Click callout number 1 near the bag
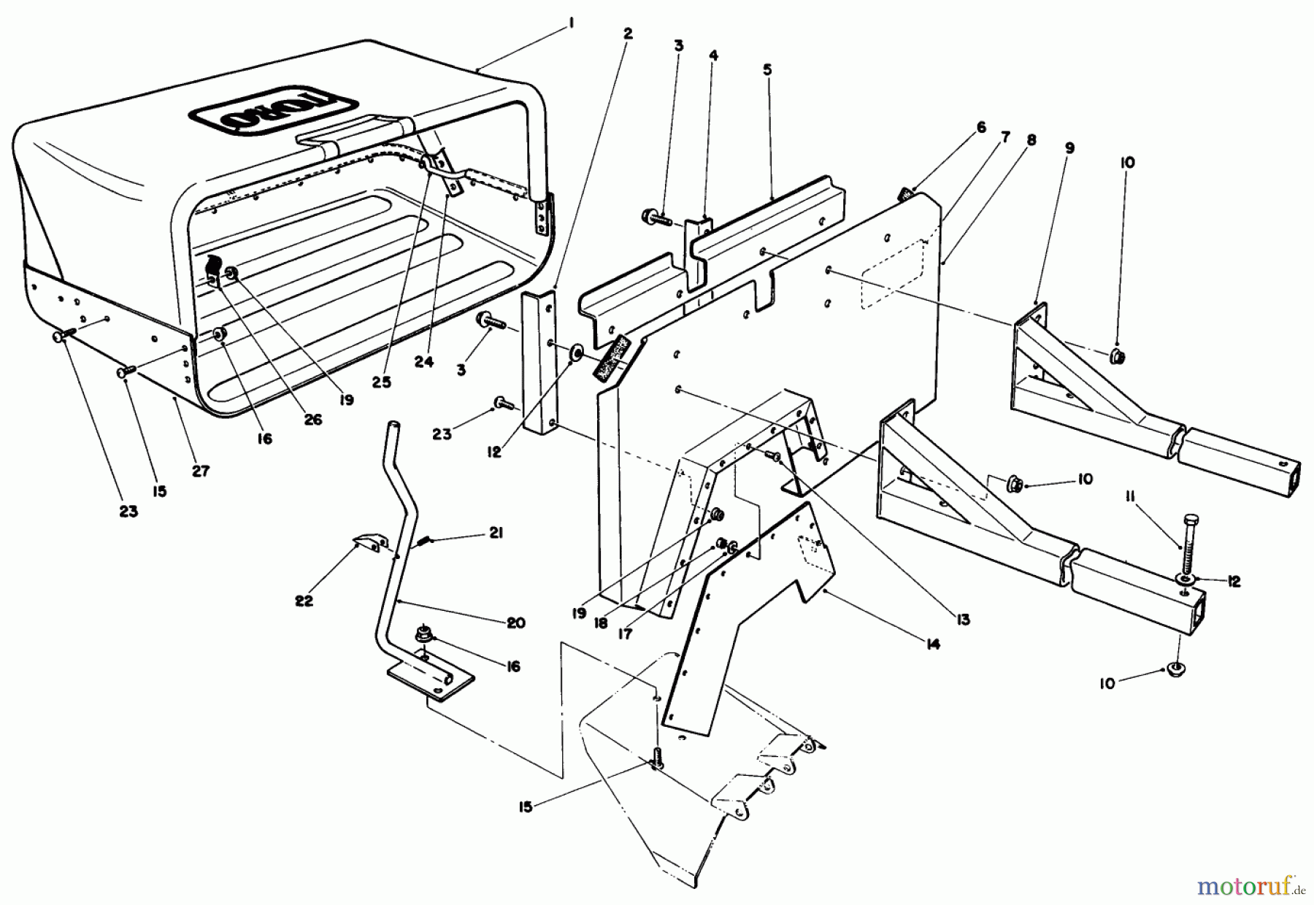(571, 25)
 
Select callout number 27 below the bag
(201, 471)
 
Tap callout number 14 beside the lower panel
(932, 644)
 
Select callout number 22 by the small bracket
(304, 601)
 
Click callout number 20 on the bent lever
(516, 623)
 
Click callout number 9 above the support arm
(1069, 148)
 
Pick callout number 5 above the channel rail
(767, 70)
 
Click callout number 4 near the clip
(713, 55)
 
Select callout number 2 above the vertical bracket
(629, 34)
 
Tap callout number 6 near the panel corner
(981, 128)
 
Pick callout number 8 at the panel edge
(1031, 140)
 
